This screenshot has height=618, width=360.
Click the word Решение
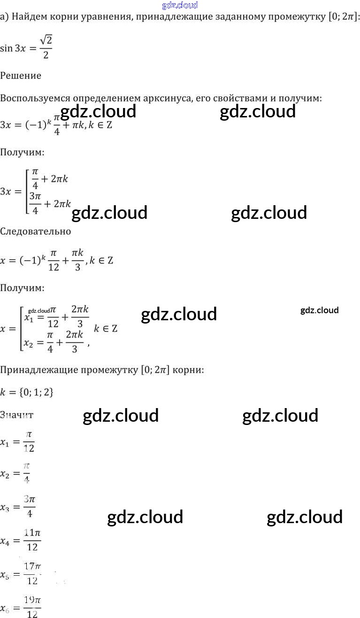pos(21,76)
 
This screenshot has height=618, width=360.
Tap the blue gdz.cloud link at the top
pos(180,5)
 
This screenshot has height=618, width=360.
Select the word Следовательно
pos(36,232)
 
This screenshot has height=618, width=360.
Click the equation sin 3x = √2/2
pos(26,48)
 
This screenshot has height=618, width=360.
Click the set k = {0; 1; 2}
pos(27,392)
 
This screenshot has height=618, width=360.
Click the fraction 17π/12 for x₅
pos(32,574)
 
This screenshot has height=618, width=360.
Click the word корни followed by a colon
pos(188,370)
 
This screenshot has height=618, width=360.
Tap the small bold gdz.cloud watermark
pos(319,310)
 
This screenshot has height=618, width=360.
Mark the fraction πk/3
pos(77,260)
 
